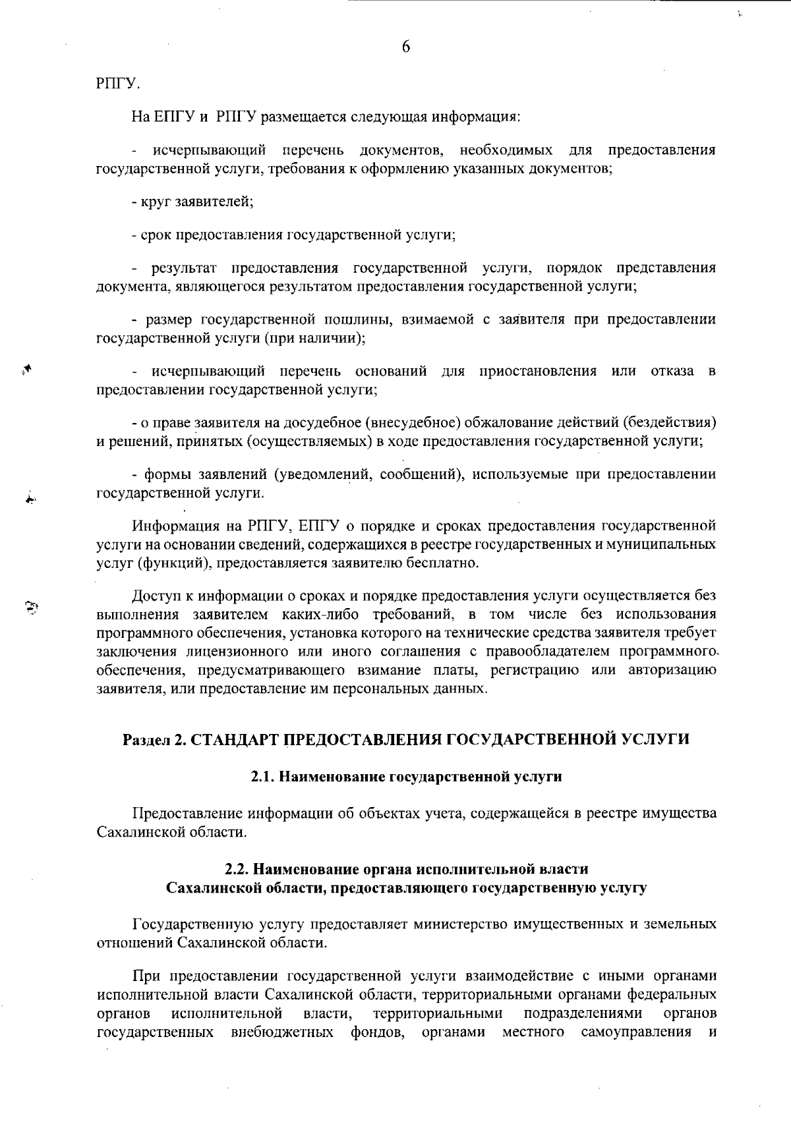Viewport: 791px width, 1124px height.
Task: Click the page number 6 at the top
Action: (405, 47)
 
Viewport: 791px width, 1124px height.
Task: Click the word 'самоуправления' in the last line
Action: (636, 1031)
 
